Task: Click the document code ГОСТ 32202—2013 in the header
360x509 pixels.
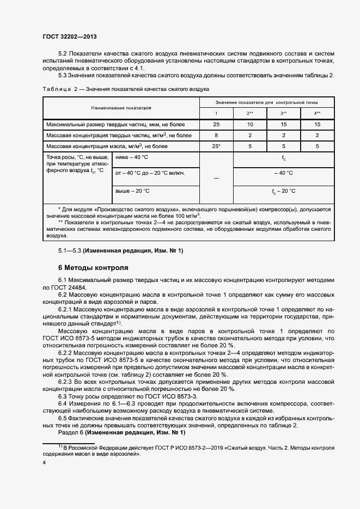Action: coord(69,36)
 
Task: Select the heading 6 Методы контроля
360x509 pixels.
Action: coord(93,268)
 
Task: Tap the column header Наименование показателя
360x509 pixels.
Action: coord(121,108)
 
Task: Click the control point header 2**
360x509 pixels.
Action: coord(250,113)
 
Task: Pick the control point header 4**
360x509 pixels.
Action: coord(318,113)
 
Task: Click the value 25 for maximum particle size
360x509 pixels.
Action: coord(216,125)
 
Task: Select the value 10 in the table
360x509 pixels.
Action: coord(250,125)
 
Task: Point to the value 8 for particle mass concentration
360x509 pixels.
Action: coord(216,136)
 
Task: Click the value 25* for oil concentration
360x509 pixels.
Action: coord(216,146)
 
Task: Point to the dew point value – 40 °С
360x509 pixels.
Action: coord(283,173)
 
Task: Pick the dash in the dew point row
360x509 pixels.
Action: coord(216,177)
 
